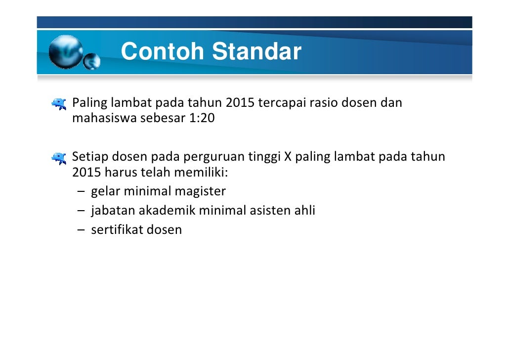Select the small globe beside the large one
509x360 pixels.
point(91,62)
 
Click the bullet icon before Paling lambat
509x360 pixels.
point(59,103)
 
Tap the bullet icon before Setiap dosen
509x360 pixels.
point(59,158)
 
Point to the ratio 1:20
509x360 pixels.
point(202,119)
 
